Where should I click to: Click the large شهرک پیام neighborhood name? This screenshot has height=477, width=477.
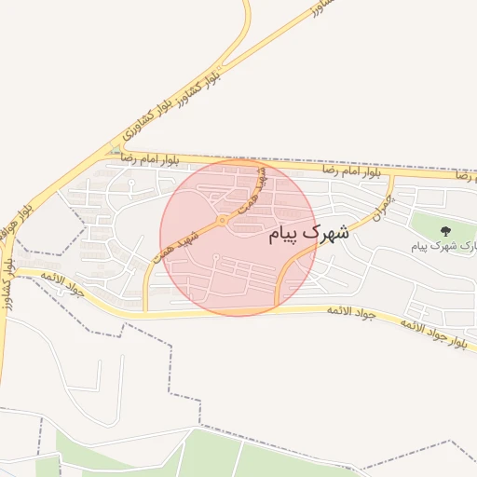[309, 233]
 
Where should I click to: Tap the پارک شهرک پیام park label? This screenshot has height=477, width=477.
[444, 246]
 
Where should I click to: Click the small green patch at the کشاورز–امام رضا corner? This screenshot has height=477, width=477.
[115, 149]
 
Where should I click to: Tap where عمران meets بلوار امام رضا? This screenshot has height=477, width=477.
[391, 175]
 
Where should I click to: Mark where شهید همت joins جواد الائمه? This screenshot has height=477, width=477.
[145, 311]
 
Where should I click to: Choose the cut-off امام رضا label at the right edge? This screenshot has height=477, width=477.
[463, 176]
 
